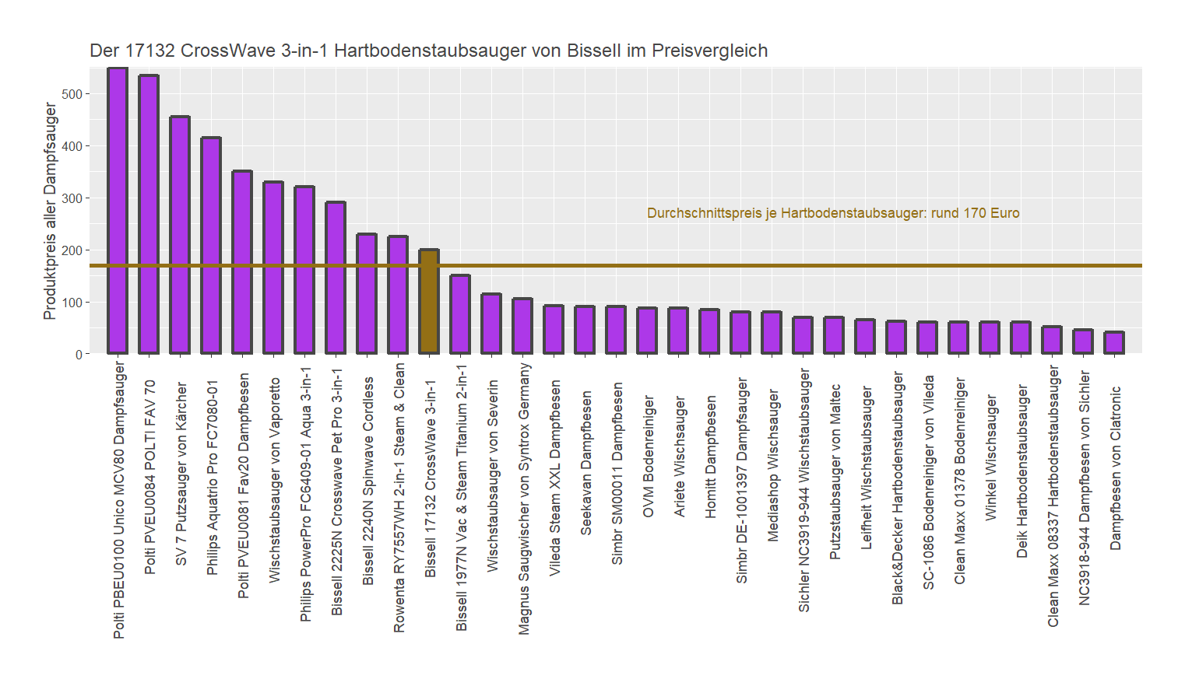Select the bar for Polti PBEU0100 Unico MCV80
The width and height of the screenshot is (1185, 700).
pyautogui.click(x=118, y=211)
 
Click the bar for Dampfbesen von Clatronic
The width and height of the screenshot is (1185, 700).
pyautogui.click(x=1114, y=343)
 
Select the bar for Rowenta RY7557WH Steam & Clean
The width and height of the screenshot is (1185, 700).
pyautogui.click(x=398, y=295)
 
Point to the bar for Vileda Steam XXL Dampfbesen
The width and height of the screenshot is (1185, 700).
pyautogui.click(x=554, y=330)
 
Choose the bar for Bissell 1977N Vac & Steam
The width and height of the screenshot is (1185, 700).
pyautogui.click(x=460, y=314)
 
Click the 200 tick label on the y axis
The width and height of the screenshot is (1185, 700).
pyautogui.click(x=72, y=250)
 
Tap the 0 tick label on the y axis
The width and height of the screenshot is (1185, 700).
pyautogui.click(x=79, y=355)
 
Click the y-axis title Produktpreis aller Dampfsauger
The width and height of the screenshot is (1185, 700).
pyautogui.click(x=51, y=212)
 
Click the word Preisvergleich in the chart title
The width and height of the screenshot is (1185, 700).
pyautogui.click(x=709, y=51)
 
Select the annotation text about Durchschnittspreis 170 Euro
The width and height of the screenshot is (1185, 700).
pyautogui.click(x=832, y=213)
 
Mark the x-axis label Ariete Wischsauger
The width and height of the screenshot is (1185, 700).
pyautogui.click(x=680, y=457)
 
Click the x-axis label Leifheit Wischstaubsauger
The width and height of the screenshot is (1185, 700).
pyautogui.click(x=867, y=468)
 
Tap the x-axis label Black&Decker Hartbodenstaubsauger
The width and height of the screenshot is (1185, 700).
pyautogui.click(x=898, y=488)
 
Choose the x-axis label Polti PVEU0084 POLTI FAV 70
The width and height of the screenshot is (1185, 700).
pyautogui.click(x=150, y=477)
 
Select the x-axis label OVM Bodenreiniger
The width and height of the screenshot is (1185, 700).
pyautogui.click(x=649, y=457)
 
